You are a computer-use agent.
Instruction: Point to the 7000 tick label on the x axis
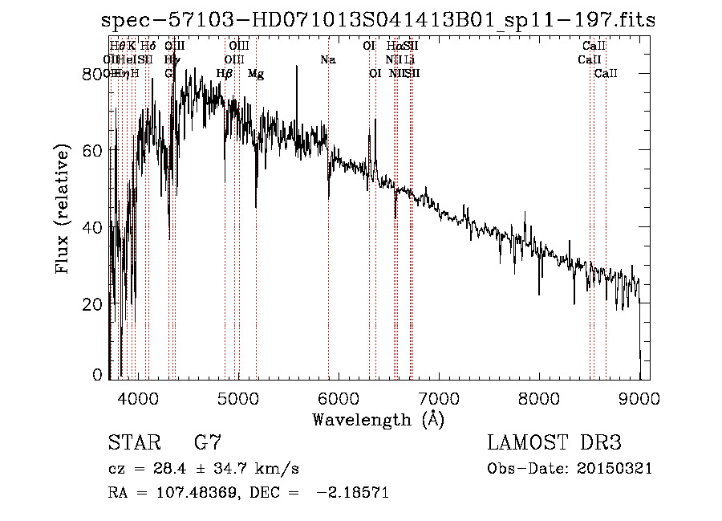tap(439, 397)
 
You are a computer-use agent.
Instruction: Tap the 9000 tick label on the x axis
tap(639, 397)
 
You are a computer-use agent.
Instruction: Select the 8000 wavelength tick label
tap(539, 397)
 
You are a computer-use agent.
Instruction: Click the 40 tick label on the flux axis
tap(93, 227)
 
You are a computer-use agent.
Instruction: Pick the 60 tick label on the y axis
tap(93, 150)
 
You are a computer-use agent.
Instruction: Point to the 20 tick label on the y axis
tap(93, 303)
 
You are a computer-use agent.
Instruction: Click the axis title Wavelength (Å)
tap(378, 419)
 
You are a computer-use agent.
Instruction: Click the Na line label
tap(327, 60)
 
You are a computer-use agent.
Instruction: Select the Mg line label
tap(256, 74)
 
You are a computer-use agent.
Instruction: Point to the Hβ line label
tap(225, 74)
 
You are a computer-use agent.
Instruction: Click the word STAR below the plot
tap(132, 443)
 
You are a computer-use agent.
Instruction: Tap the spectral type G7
tap(207, 443)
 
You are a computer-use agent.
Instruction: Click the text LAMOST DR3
tap(554, 443)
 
